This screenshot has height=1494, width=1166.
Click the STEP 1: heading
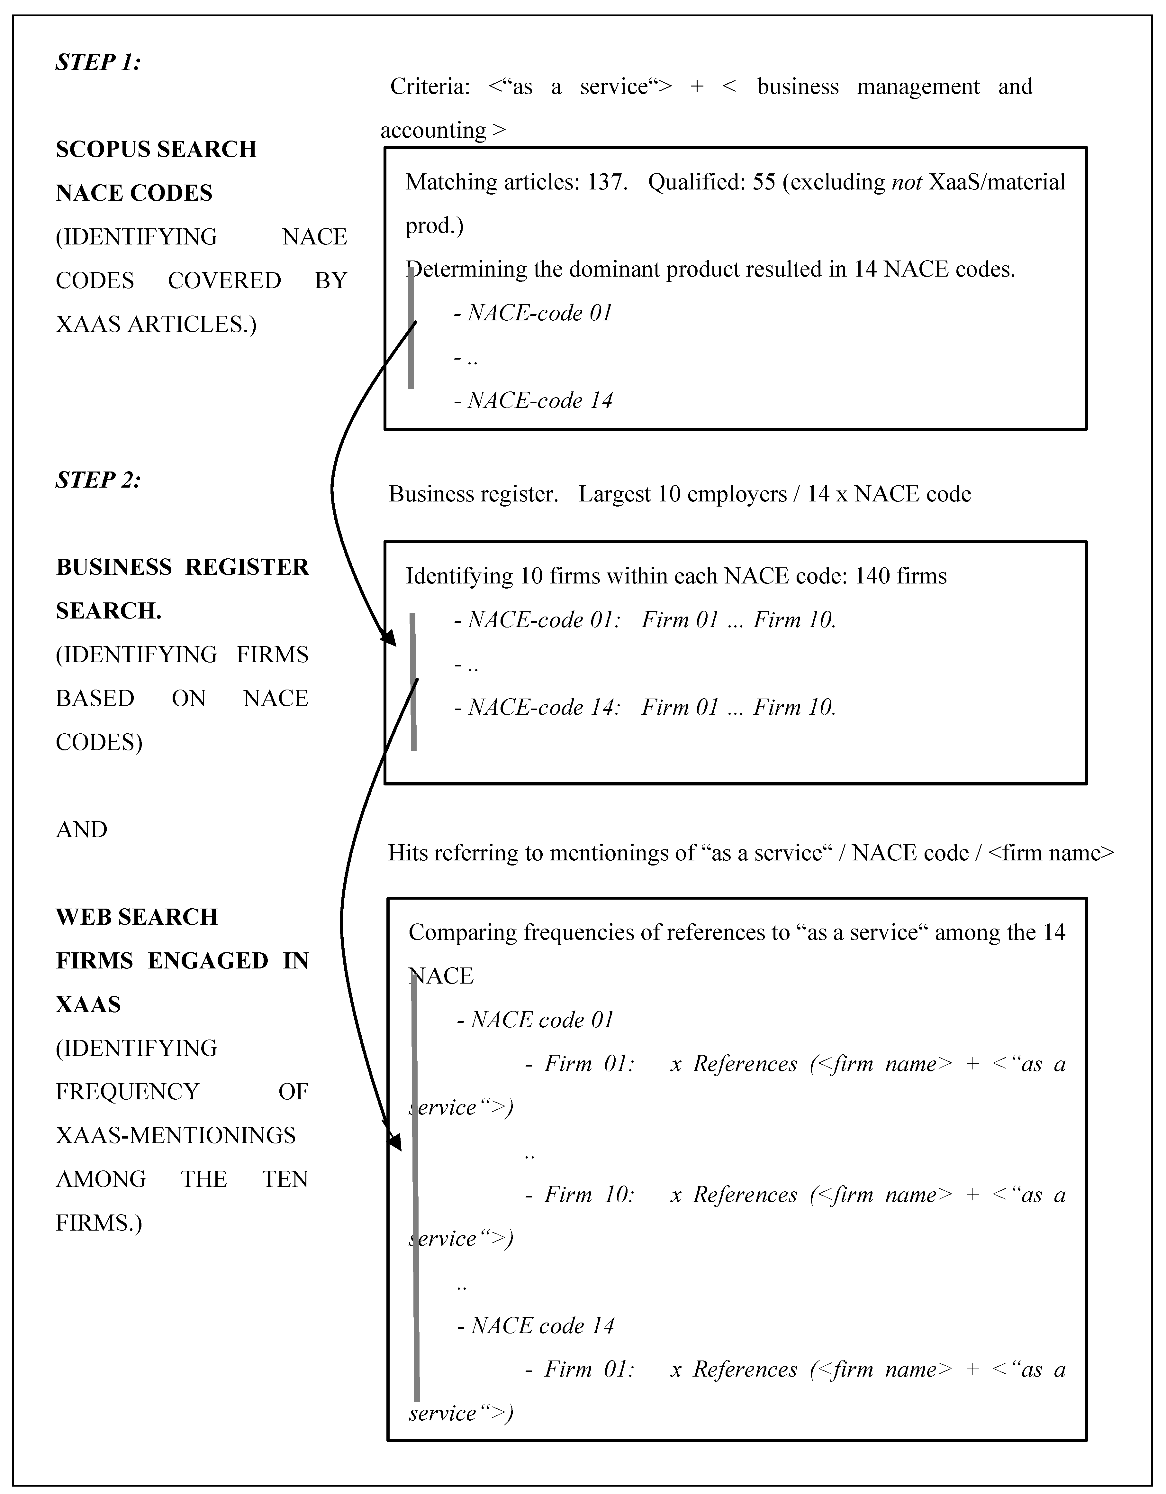click(98, 62)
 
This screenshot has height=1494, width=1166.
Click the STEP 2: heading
click(98, 480)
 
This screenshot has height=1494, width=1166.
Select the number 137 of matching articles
click(605, 182)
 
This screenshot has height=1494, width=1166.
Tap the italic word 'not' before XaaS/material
click(906, 182)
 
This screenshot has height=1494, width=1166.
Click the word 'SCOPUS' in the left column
click(99, 149)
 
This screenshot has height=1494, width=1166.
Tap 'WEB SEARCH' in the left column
click(137, 917)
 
